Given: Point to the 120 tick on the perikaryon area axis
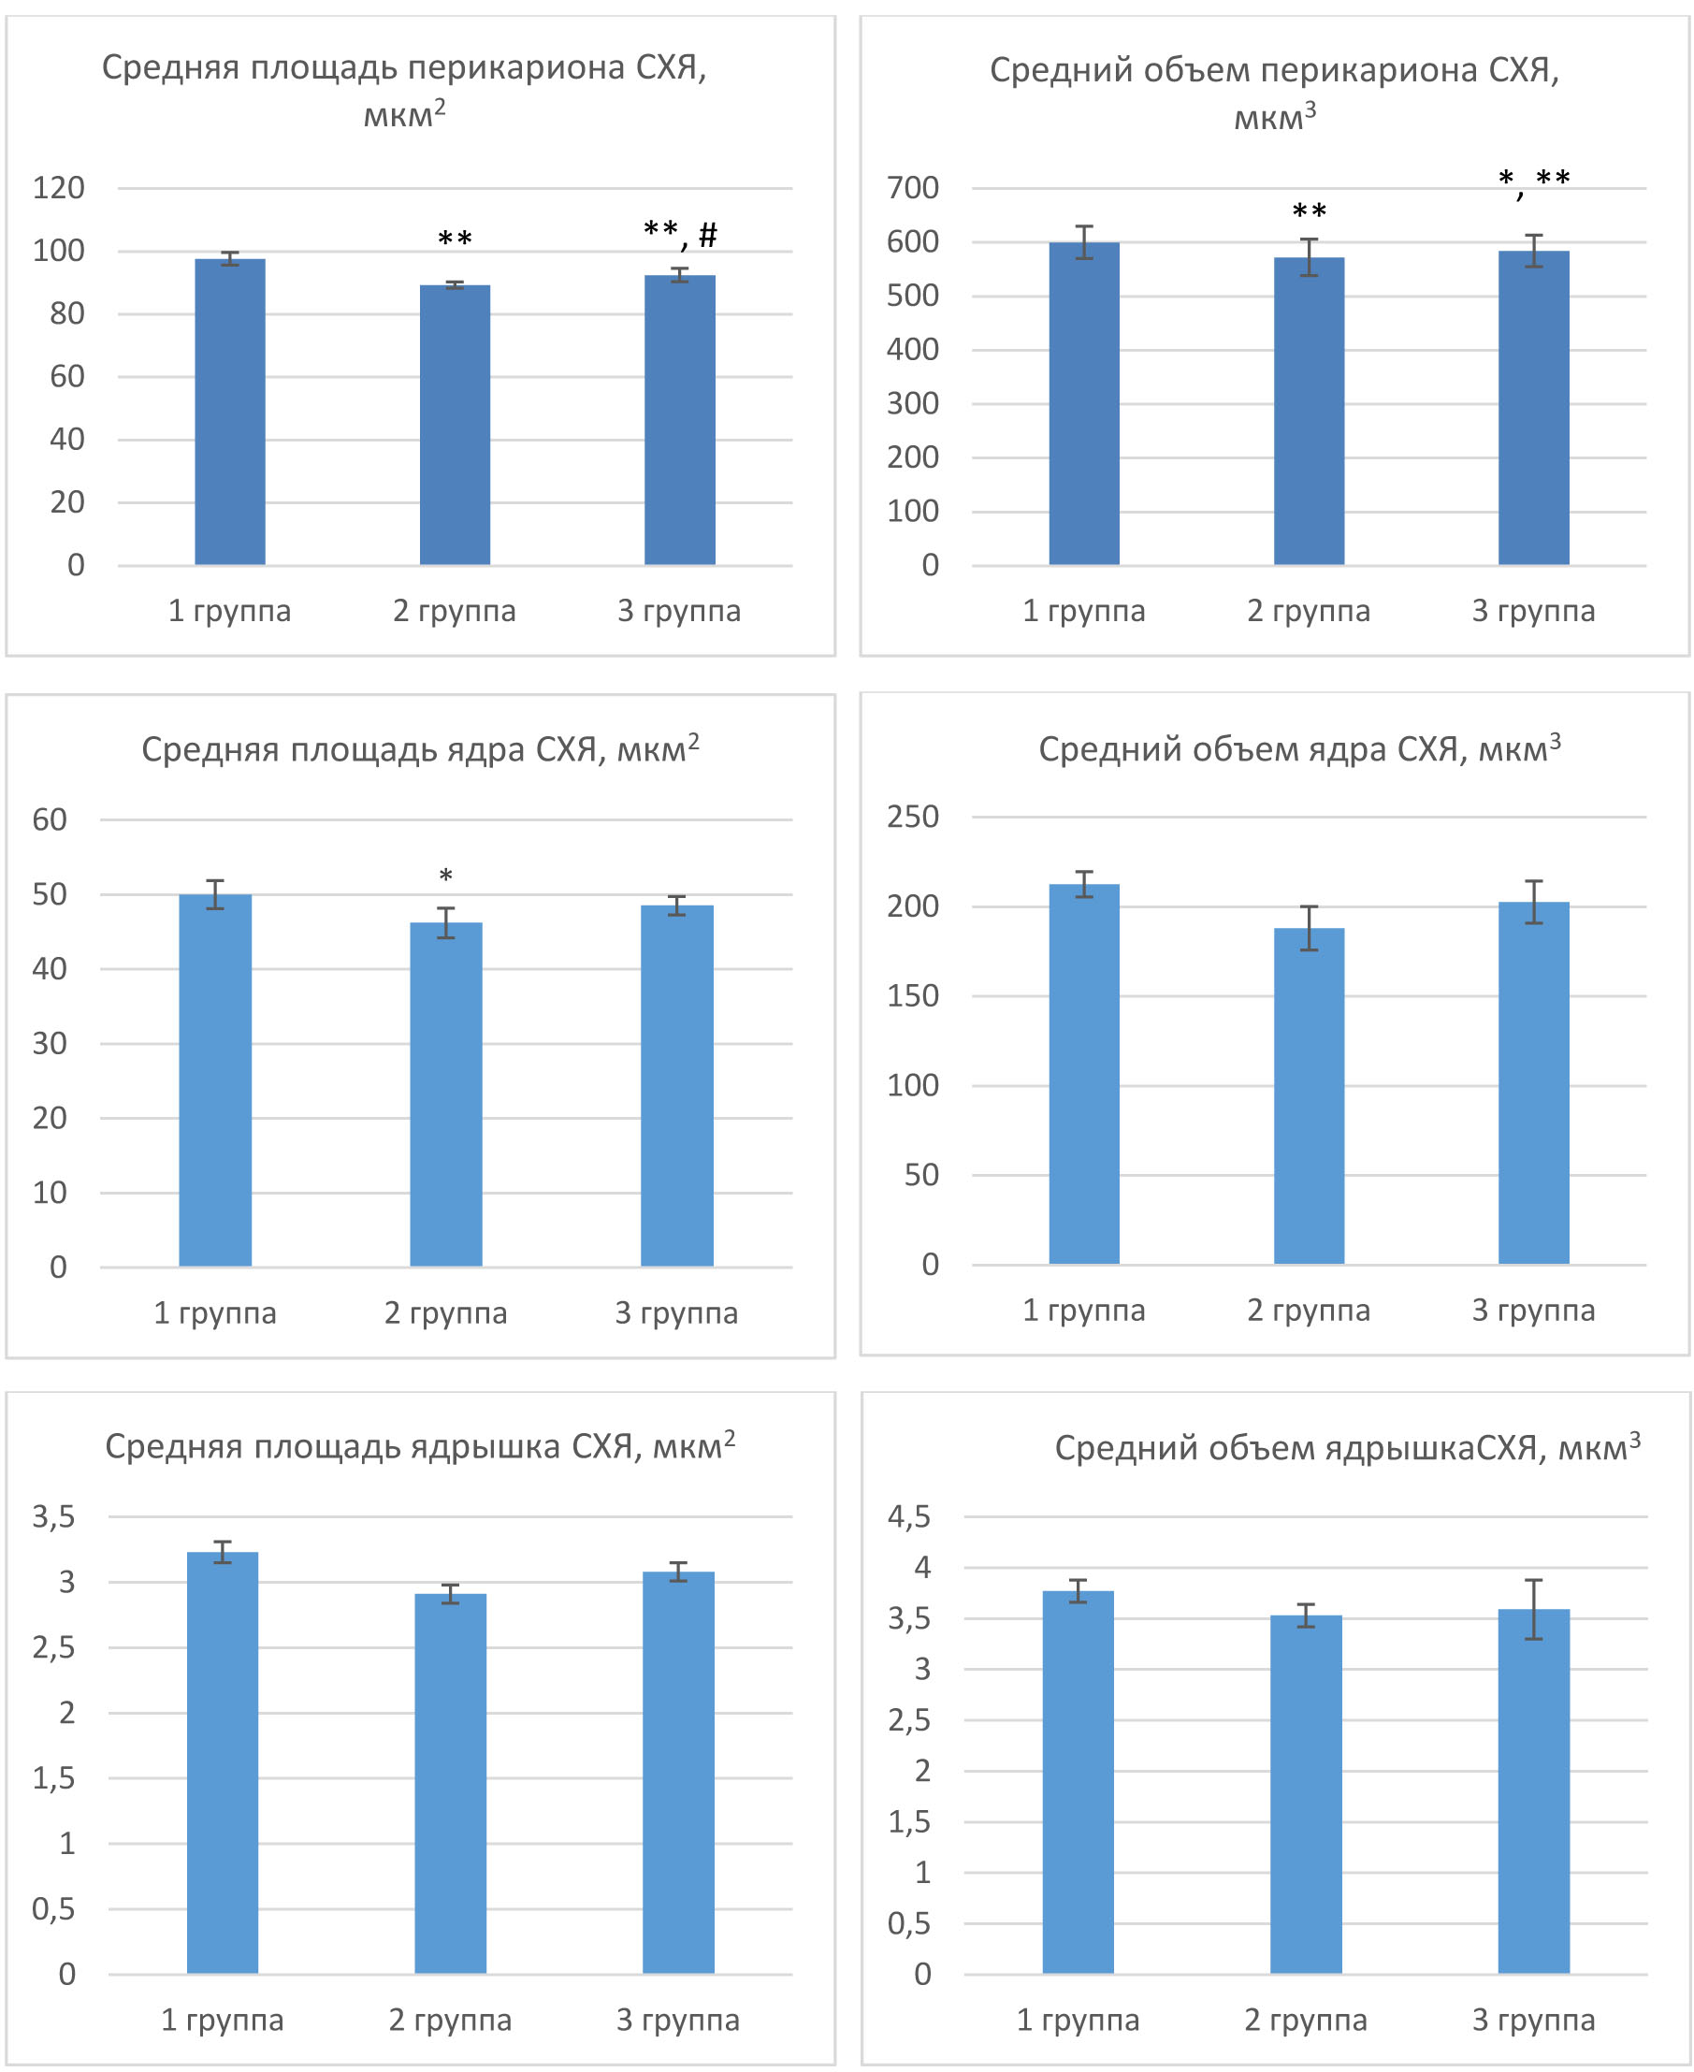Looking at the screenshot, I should (59, 187).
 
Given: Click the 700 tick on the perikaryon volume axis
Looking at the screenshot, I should (912, 187).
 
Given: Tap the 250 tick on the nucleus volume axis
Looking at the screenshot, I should (912, 816).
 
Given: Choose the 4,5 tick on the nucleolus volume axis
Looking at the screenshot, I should (908, 1516).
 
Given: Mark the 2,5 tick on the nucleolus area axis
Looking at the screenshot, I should (53, 1647).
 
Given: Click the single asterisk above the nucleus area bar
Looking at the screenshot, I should (446, 877).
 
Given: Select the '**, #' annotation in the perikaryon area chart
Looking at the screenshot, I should (680, 233).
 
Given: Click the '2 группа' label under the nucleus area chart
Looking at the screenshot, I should (446, 1312).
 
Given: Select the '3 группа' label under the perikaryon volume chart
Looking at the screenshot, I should (1533, 611).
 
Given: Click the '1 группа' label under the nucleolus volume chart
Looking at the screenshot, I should (1078, 2020).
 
